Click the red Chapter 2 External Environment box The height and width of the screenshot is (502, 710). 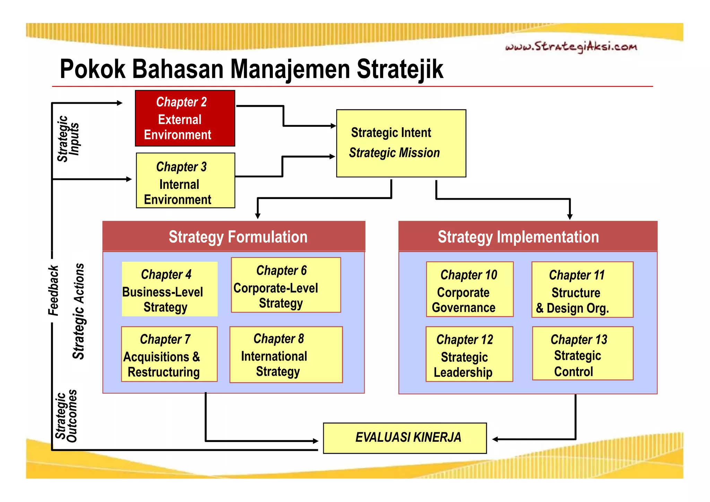[x=185, y=118]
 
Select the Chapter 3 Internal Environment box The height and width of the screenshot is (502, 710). [x=185, y=180]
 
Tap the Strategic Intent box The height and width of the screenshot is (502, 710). [x=401, y=143]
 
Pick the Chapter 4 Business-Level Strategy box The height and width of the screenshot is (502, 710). [x=170, y=289]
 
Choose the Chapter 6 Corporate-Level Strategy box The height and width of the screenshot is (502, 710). [x=286, y=285]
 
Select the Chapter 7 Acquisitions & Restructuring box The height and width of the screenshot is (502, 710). [x=169, y=354]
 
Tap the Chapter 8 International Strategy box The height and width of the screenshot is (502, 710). [x=286, y=354]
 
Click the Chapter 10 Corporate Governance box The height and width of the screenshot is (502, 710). [x=469, y=289]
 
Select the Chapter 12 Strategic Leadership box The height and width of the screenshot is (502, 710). [x=469, y=354]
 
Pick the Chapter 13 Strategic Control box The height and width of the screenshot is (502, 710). [x=582, y=354]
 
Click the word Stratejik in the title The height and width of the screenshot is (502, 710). [x=400, y=69]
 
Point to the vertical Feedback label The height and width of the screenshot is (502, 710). [x=53, y=291]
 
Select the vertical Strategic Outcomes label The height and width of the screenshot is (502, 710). [x=66, y=416]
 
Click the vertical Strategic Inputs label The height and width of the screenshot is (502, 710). [x=68, y=139]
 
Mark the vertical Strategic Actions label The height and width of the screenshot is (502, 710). [x=79, y=311]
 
